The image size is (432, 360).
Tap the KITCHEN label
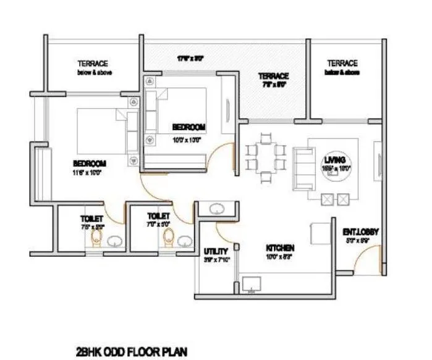pyautogui.click(x=280, y=247)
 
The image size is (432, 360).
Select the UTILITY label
pyautogui.click(x=216, y=251)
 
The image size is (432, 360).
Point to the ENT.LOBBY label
pyautogui.click(x=360, y=232)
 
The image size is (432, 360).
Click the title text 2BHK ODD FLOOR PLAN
pyautogui.click(x=130, y=349)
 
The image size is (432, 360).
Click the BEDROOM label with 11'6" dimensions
pyautogui.click(x=90, y=163)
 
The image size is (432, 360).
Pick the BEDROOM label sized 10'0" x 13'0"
pyautogui.click(x=188, y=127)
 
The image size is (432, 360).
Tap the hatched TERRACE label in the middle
pyautogui.click(x=273, y=77)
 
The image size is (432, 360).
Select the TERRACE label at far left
pyautogui.click(x=93, y=64)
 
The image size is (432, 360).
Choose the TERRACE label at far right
pyautogui.click(x=342, y=64)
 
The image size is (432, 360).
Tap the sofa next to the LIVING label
pyautogui.click(x=302, y=161)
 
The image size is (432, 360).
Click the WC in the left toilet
pyautogui.click(x=95, y=238)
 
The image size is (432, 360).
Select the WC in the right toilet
pyautogui.click(x=167, y=238)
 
